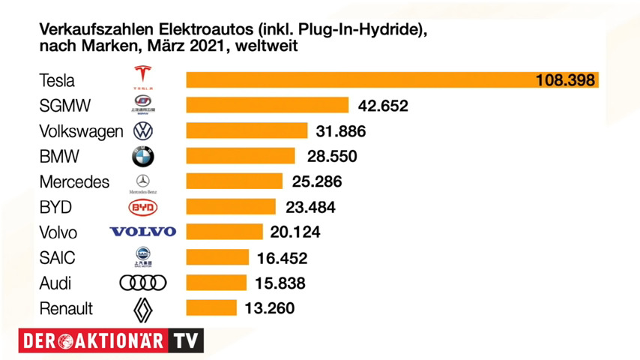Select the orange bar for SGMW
[267, 105]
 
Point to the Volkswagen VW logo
[142, 131]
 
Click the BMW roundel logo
[142, 157]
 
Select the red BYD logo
[142, 207]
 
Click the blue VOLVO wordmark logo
[142, 232]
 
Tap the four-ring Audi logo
[142, 283]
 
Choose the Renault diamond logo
[142, 309]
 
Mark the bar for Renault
[211, 308]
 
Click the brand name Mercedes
[73, 181]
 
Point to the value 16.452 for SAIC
[282, 258]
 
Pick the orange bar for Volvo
[224, 232]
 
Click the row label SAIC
[57, 257]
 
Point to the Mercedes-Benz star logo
[142, 181]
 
